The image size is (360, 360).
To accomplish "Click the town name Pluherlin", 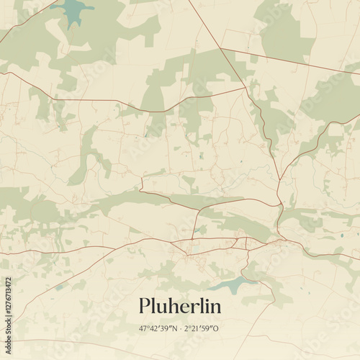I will [x=180, y=307].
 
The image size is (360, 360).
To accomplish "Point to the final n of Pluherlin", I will [x=215, y=308].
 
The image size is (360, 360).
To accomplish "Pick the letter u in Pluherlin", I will [x=163, y=308].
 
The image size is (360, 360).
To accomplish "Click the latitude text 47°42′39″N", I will [x=158, y=328].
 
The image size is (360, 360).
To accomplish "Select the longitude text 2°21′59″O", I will [x=202, y=328].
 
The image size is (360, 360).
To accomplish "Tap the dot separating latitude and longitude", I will [x=179, y=328].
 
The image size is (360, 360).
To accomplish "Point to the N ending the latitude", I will [x=174, y=328].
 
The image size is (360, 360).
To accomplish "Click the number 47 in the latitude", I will [x=143, y=328].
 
